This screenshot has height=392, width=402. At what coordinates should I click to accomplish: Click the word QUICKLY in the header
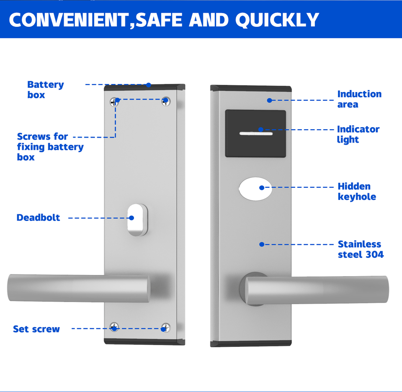point(277,20)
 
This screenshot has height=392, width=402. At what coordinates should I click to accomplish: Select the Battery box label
point(45,90)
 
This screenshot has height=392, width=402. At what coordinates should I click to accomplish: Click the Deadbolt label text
point(38,218)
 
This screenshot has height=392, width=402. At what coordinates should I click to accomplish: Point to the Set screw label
point(36,329)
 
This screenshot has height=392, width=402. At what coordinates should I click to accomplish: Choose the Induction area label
point(359,99)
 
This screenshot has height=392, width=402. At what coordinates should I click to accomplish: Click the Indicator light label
point(358,134)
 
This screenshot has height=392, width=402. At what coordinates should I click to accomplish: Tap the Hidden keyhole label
point(357,191)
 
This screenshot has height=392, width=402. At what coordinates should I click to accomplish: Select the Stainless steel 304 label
point(361,249)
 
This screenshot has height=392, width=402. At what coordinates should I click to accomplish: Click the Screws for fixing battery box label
point(50,146)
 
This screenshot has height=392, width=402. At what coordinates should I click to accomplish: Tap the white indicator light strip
point(255,133)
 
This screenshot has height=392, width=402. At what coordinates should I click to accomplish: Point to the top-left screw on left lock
point(114,101)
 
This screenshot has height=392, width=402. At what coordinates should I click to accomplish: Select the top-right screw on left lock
point(166,101)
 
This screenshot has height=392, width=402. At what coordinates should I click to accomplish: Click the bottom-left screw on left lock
point(114,327)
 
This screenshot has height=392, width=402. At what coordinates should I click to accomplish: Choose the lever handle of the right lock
point(317,290)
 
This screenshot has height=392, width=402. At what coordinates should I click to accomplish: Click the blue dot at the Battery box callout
point(148,85)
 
